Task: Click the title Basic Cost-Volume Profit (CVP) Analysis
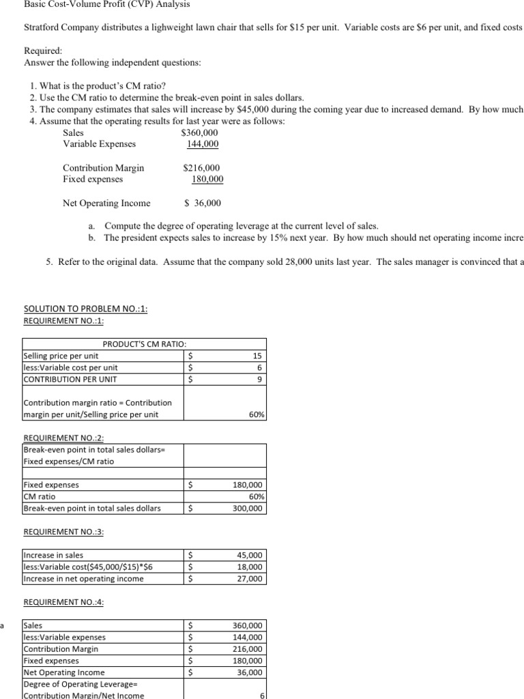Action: tap(106, 4)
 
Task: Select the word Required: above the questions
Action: tap(43, 51)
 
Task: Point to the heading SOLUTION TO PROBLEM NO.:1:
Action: tap(85, 309)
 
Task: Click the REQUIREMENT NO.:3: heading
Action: tap(63, 532)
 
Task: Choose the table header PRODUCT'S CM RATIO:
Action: tap(144, 344)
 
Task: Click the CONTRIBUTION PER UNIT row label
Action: tap(70, 379)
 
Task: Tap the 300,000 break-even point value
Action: tap(248, 508)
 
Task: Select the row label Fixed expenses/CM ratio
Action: tap(69, 461)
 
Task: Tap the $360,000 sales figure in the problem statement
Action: tap(199, 133)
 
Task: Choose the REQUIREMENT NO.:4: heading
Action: tap(63, 602)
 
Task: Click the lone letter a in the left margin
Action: tap(3, 625)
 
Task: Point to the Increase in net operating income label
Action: tap(84, 578)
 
